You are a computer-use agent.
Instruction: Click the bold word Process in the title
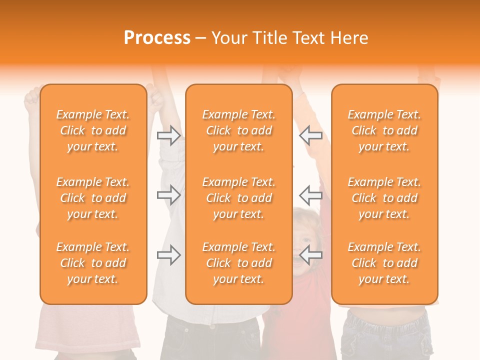[157, 38]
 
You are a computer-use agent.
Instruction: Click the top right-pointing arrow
[169, 135]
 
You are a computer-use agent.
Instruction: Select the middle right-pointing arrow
[169, 194]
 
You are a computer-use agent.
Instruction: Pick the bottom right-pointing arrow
[169, 255]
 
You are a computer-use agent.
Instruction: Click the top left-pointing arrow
[310, 135]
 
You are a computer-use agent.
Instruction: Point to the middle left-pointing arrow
[310, 194]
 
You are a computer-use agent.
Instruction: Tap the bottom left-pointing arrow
[310, 255]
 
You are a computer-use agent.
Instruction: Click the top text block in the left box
[93, 130]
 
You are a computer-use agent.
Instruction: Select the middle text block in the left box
[93, 198]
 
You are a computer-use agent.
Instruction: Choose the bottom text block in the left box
[93, 263]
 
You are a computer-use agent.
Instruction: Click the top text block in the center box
[239, 130]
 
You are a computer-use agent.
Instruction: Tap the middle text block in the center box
[239, 198]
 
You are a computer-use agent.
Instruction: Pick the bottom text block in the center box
[239, 263]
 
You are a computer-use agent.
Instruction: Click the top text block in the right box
[384, 130]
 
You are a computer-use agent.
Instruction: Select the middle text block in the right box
[384, 198]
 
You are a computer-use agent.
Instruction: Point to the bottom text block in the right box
[384, 263]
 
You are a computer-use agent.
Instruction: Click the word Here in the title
[350, 38]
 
